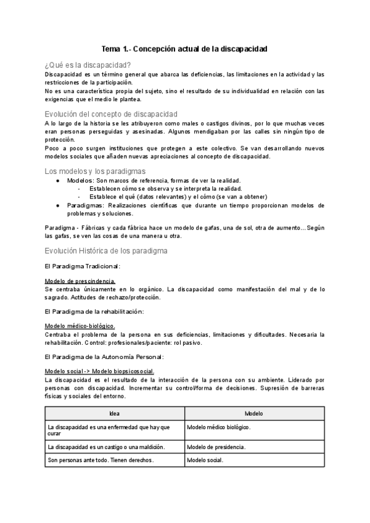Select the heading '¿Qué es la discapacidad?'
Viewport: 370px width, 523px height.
point(88,65)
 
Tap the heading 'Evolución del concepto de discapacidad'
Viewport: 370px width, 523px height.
point(112,114)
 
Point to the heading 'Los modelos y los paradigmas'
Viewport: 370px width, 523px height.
point(96,171)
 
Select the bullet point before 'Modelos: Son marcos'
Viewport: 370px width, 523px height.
point(58,181)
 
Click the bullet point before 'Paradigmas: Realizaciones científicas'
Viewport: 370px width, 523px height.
point(58,205)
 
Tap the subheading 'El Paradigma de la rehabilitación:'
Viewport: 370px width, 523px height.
point(94,311)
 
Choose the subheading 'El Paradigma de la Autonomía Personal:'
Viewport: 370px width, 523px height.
point(103,356)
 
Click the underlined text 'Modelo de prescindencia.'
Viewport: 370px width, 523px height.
point(80,281)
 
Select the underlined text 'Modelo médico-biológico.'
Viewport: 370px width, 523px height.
point(80,326)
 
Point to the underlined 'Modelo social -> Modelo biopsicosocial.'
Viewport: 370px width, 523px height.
point(100,371)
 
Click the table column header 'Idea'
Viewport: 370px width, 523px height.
point(114,414)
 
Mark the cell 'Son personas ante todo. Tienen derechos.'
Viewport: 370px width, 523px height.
point(100,460)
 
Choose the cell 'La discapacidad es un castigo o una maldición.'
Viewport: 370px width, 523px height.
point(109,447)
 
